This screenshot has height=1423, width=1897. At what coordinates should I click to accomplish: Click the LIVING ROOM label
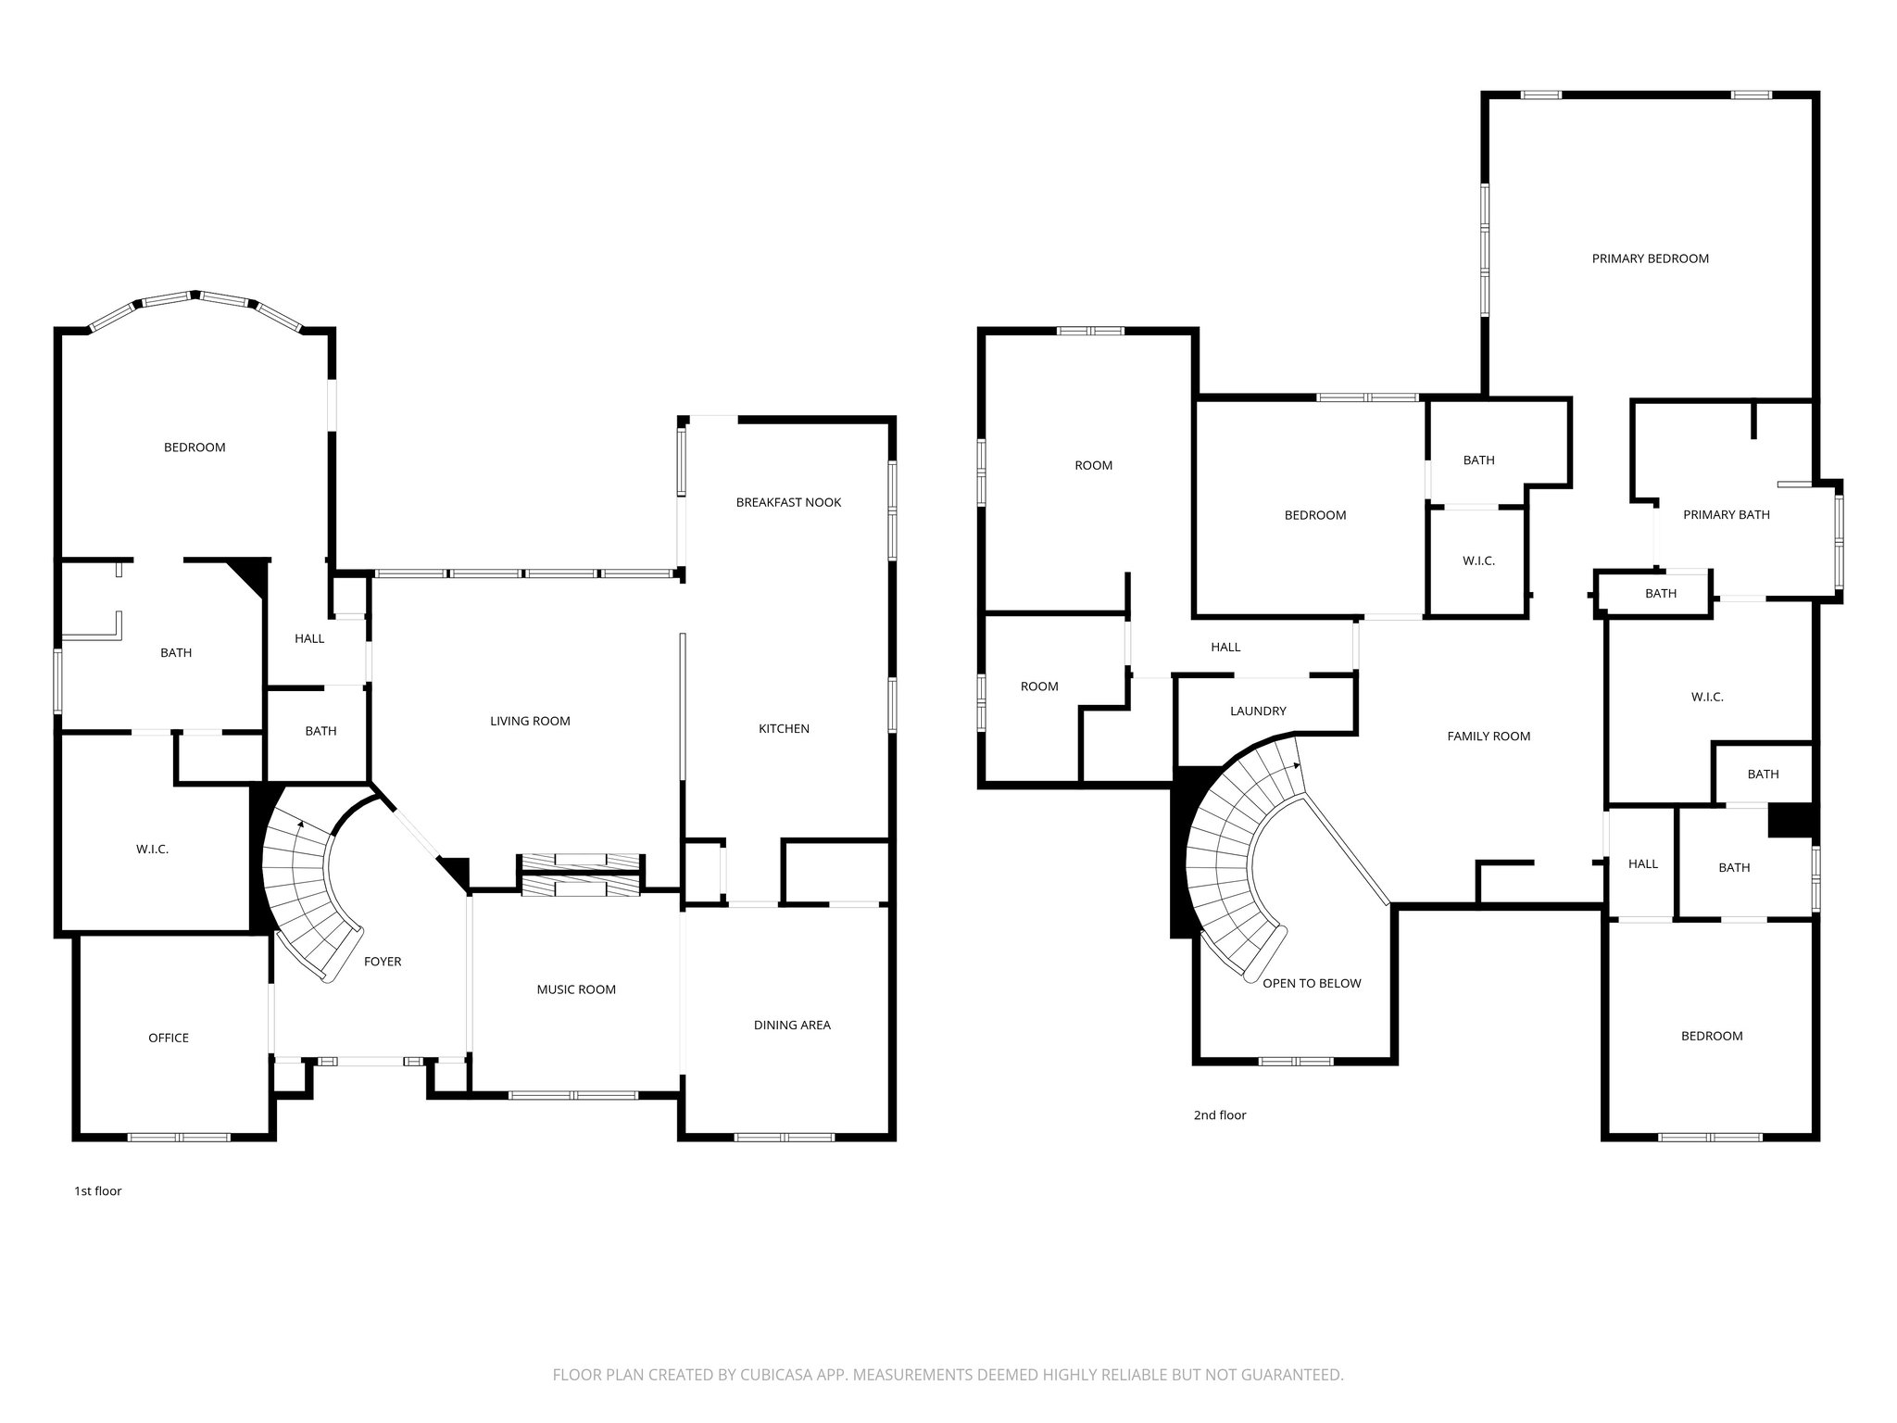click(530, 721)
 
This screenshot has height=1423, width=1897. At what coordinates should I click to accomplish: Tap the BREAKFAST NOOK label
click(788, 502)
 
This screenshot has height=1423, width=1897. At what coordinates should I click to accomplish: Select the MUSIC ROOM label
click(576, 989)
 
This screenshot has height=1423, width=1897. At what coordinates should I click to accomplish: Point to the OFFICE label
click(169, 1038)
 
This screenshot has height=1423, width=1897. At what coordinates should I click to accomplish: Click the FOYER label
click(383, 962)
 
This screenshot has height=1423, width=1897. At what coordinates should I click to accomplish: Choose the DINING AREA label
click(792, 1025)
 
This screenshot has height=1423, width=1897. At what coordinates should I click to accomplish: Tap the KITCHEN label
click(784, 729)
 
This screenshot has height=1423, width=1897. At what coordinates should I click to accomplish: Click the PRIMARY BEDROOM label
click(1650, 258)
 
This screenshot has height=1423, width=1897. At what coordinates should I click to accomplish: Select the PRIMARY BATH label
click(1726, 515)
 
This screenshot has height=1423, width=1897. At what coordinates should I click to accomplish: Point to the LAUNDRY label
click(1258, 711)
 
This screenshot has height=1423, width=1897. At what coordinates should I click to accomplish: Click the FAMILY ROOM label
click(1489, 737)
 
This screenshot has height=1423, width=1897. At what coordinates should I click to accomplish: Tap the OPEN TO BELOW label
click(1312, 983)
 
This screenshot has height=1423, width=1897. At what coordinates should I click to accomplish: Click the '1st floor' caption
click(98, 1191)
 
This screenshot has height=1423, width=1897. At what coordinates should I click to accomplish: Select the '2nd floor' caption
click(1219, 1115)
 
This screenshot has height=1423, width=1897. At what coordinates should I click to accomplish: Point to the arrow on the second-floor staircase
click(1296, 766)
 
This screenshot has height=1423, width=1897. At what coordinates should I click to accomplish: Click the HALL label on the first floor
click(309, 638)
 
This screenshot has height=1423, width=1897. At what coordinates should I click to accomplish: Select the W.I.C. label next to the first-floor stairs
click(152, 849)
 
